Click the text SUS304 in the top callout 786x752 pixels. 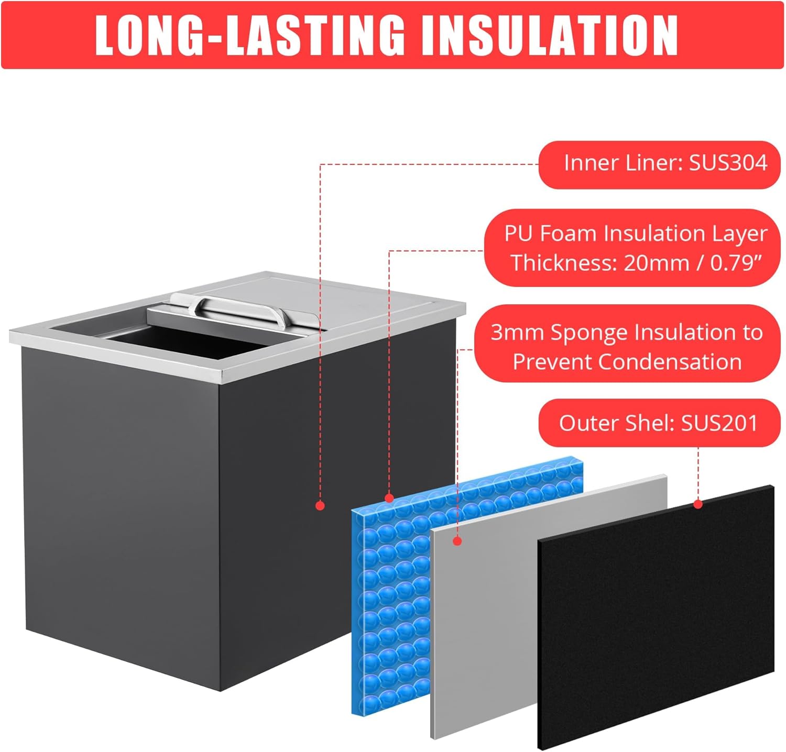click(728, 163)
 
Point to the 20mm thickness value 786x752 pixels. click(656, 262)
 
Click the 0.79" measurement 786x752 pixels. click(735, 262)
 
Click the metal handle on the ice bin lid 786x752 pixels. click(239, 308)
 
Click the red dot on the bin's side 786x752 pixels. click(321, 505)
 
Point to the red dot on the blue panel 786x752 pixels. click(389, 498)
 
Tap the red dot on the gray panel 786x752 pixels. click(457, 541)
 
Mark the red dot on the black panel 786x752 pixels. click(698, 504)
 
